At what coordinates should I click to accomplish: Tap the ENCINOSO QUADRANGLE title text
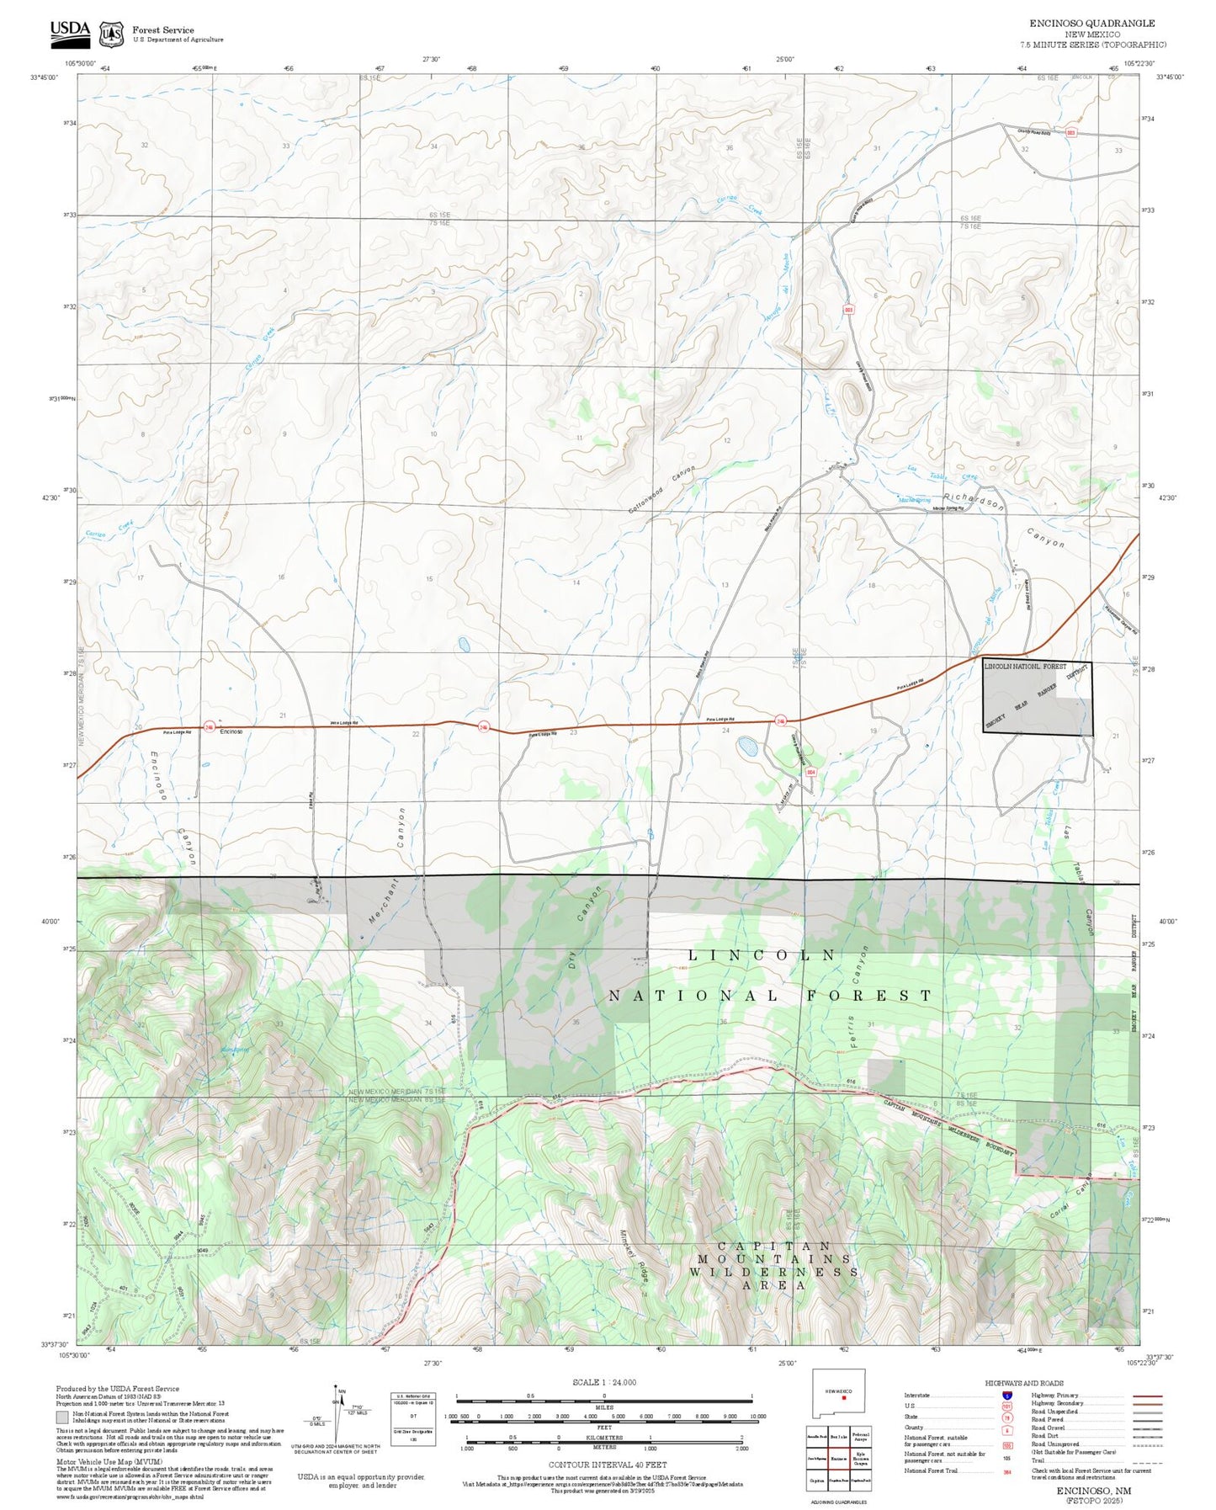(1091, 24)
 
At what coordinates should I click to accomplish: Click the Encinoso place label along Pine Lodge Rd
(231, 731)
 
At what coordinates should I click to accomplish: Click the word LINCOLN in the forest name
(762, 955)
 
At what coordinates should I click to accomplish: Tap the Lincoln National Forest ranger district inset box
(1038, 698)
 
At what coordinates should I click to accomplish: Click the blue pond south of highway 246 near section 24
(746, 745)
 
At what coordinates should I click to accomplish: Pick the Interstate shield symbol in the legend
(1007, 1394)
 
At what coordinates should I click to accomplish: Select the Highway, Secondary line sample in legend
(1147, 1403)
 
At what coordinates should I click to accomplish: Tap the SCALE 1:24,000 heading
(603, 1382)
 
